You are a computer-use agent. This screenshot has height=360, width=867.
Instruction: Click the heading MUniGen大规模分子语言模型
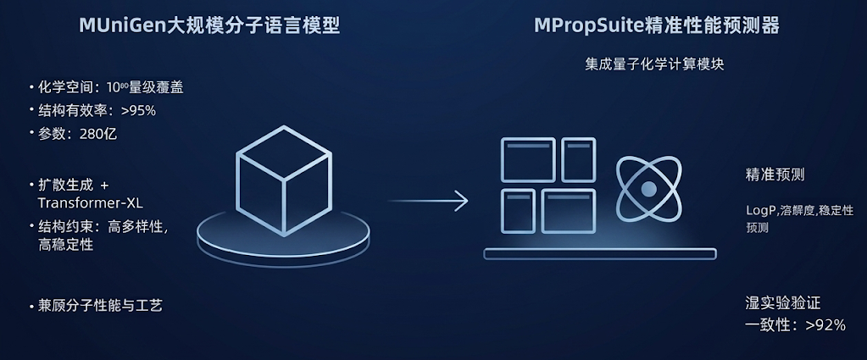point(209,25)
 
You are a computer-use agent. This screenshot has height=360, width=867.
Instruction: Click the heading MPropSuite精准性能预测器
point(657,25)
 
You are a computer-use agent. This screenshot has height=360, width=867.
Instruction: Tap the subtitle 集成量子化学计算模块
point(654,64)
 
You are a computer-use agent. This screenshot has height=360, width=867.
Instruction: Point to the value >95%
point(139,111)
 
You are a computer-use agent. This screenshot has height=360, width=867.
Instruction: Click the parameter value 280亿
point(99,134)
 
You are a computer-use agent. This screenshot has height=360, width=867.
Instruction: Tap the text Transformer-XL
point(90,203)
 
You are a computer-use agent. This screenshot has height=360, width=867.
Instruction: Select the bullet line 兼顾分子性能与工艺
point(100,305)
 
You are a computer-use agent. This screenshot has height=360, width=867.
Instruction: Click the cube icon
point(284,180)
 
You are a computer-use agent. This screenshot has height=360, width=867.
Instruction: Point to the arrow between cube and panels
point(428,200)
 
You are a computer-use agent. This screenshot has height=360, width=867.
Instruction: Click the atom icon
point(648,189)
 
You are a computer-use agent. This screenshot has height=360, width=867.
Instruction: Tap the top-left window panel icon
point(528,160)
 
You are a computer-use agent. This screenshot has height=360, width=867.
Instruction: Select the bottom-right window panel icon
point(569,211)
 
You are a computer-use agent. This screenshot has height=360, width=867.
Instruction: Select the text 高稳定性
point(65,245)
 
